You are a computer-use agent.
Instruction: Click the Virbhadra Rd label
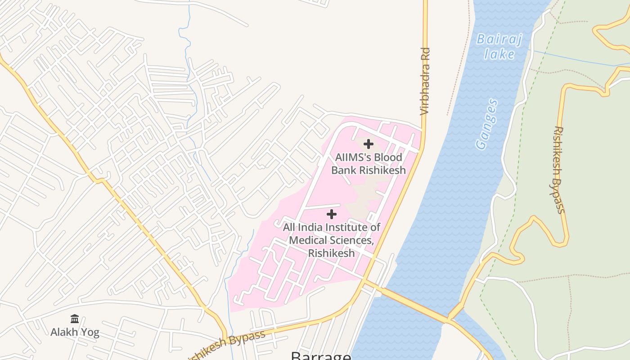pos(425,81)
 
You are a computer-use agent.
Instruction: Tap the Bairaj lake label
pos(499,47)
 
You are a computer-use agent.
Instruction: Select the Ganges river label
pos(487,124)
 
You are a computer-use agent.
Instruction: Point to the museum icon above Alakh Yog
pos(75,319)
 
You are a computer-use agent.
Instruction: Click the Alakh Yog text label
pos(75,333)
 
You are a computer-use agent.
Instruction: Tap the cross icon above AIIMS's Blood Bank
pos(368,144)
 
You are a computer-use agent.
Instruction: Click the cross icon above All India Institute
pos(331,214)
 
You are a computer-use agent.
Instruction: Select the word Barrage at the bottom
pos(321,355)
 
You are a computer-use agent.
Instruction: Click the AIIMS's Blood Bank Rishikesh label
pos(369,164)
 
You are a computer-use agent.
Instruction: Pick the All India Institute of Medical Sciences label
pos(331,240)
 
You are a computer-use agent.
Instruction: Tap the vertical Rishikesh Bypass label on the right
pos(558,170)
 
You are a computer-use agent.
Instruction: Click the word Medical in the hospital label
pos(307,240)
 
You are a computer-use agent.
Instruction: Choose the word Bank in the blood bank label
pos(344,170)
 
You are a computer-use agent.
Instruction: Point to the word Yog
pos(90,333)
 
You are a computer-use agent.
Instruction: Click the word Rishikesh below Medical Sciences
pos(331,253)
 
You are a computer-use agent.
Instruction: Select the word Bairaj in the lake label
pos(499,39)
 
